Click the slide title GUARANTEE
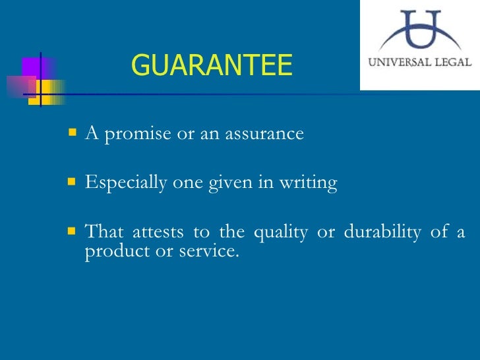[211, 65]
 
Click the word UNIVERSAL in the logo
[398, 63]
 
